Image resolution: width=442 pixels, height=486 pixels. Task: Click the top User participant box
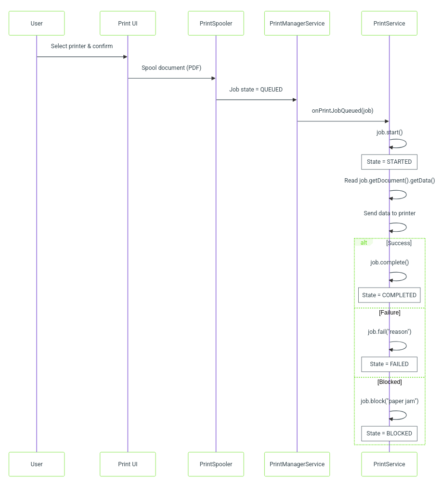pyautogui.click(x=37, y=23)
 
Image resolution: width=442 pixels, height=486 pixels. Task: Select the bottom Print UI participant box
pyautogui.click(x=128, y=464)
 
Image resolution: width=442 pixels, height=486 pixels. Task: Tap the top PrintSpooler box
pyautogui.click(x=216, y=23)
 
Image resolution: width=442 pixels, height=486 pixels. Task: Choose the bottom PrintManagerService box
pyautogui.click(x=297, y=464)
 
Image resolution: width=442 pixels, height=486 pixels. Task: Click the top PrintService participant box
pyautogui.click(x=390, y=23)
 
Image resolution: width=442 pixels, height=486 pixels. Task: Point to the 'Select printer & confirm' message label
pyautogui.click(x=82, y=46)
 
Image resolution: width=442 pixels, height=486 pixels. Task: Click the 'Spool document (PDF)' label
pyautogui.click(x=171, y=68)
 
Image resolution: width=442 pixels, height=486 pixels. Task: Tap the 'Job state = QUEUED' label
pyautogui.click(x=256, y=90)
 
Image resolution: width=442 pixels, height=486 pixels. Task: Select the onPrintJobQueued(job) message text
pyautogui.click(x=342, y=111)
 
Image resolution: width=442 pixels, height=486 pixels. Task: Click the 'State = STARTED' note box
pyautogui.click(x=390, y=162)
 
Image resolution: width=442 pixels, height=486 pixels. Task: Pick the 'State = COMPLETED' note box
pyautogui.click(x=390, y=295)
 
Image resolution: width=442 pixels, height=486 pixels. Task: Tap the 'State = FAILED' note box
pyautogui.click(x=390, y=364)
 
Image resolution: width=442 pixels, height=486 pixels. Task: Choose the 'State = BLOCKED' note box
pyautogui.click(x=390, y=433)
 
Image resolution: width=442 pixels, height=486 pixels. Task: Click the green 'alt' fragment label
pyautogui.click(x=364, y=243)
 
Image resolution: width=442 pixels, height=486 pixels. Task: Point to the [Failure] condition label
pyautogui.click(x=390, y=313)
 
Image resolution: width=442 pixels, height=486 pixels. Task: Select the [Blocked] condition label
pyautogui.click(x=390, y=382)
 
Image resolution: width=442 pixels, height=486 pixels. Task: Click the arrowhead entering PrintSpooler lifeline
pyautogui.click(x=213, y=79)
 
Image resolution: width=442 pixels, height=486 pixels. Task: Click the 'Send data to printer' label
pyautogui.click(x=390, y=213)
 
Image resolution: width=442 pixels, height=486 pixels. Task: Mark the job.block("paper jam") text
pyautogui.click(x=390, y=401)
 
